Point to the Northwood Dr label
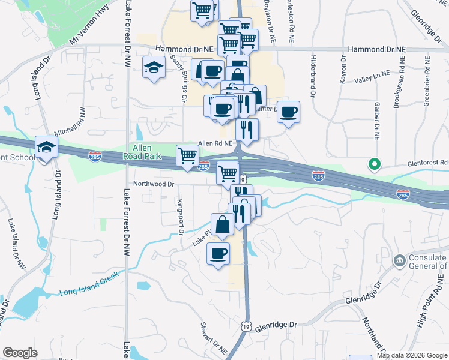click(154, 184)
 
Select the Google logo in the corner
click(20, 353)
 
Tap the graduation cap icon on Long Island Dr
click(46, 146)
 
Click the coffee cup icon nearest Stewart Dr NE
click(218, 253)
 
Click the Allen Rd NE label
click(215, 143)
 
